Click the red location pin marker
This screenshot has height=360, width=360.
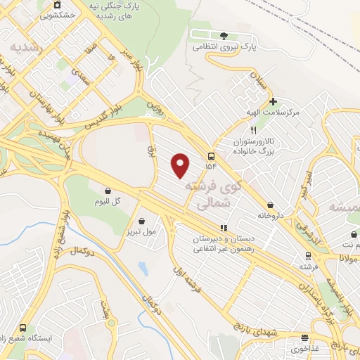click(181, 165)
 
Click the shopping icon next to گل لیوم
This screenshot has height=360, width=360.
click(108, 191)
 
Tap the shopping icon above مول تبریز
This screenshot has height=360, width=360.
click(141, 221)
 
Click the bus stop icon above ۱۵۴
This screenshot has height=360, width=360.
click(212, 155)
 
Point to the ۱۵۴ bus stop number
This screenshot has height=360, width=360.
click(212, 166)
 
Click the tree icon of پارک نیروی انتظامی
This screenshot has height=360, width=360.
click(224, 35)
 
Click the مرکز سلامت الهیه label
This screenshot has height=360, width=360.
click(274, 112)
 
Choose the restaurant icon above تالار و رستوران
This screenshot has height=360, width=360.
click(254, 131)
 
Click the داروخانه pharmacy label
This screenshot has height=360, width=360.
click(269, 215)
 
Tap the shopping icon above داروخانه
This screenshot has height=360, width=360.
click(269, 205)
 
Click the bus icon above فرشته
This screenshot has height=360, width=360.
click(307, 256)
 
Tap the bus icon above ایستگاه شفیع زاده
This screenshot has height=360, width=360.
click(24, 327)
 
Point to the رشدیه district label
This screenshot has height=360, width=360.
click(26, 46)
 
